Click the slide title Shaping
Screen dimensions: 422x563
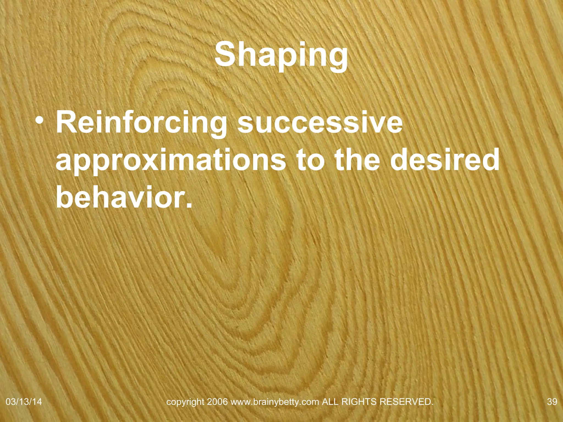click(x=281, y=55)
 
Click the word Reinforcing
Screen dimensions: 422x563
click(x=141, y=123)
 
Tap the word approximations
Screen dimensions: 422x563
click(x=171, y=161)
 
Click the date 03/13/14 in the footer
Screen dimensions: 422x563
click(x=24, y=402)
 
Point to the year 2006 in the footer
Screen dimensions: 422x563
click(x=217, y=402)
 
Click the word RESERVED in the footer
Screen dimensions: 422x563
click(x=406, y=402)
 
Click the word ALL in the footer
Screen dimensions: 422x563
click(x=330, y=402)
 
